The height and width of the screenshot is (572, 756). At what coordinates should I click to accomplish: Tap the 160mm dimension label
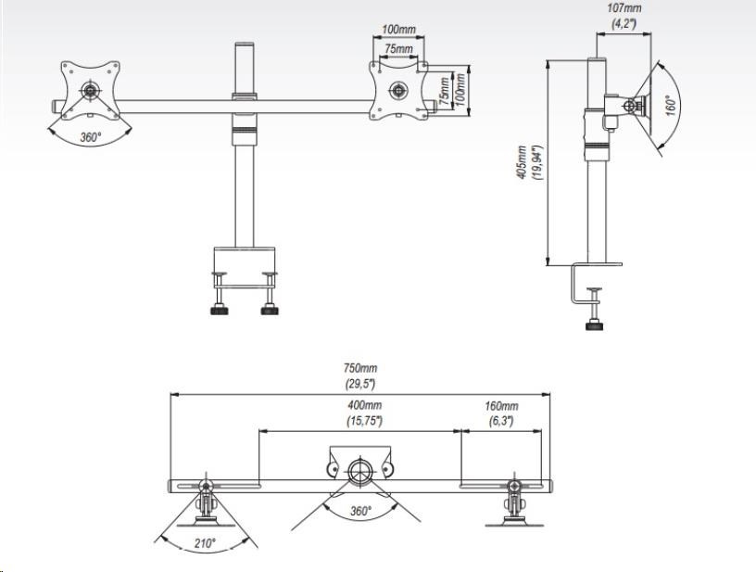pyautogui.click(x=500, y=406)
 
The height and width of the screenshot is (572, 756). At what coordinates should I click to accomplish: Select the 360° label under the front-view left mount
pyautogui.click(x=91, y=136)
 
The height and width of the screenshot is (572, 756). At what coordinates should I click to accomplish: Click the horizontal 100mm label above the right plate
pyautogui.click(x=398, y=30)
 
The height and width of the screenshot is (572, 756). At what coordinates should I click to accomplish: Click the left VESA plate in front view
pyautogui.click(x=91, y=90)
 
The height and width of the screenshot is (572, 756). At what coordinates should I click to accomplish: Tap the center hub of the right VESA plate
pyautogui.click(x=398, y=91)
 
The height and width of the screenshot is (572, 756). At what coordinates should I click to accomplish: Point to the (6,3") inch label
pyautogui.click(x=500, y=421)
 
